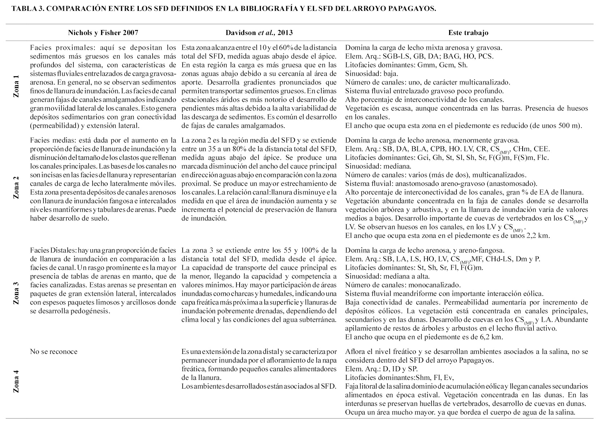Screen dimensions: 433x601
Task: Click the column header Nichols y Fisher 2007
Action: [x=103, y=33]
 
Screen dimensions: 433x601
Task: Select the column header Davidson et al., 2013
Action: [x=259, y=33]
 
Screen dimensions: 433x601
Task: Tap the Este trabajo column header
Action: [x=468, y=33]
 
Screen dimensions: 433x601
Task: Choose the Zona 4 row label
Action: [x=16, y=381]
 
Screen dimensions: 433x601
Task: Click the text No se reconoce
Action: [x=54, y=351]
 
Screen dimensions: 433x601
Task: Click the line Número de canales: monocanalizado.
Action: [x=403, y=285]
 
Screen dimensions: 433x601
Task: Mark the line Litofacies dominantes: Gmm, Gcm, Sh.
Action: [x=406, y=65]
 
